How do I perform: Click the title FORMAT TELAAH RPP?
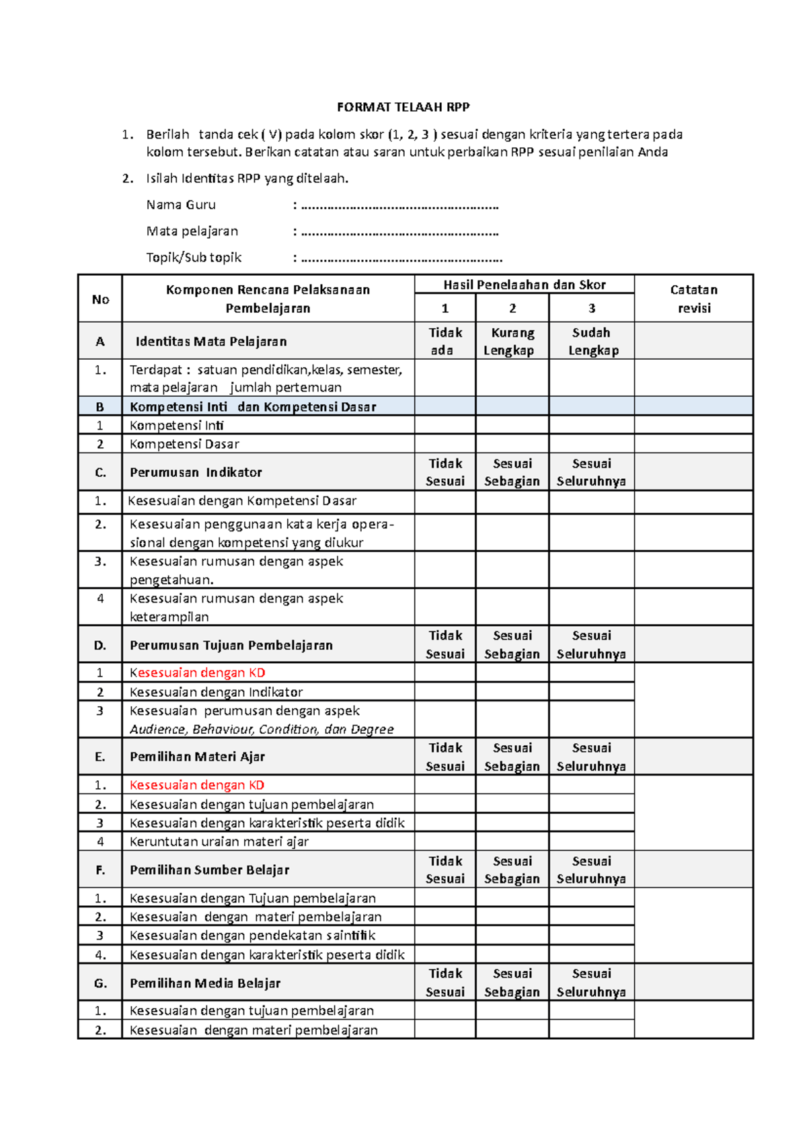403,107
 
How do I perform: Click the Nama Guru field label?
181,204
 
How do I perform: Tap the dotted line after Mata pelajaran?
399,232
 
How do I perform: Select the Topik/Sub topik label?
194,258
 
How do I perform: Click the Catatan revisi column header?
693,299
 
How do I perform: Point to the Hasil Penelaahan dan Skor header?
524,284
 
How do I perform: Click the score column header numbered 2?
512,308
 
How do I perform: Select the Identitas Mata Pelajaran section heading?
211,341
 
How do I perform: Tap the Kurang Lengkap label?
512,341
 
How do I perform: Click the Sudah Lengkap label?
592,341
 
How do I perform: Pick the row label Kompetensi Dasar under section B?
184,444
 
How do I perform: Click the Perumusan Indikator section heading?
196,472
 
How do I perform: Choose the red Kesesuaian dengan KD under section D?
197,673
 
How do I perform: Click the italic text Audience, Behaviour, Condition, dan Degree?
262,729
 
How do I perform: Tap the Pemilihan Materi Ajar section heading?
197,757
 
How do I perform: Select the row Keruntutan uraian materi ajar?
219,841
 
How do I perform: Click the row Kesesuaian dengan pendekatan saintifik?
252,935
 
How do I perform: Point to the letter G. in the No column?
100,983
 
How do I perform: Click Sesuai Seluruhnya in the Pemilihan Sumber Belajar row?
592,870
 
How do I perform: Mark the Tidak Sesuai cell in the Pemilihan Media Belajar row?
445,983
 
